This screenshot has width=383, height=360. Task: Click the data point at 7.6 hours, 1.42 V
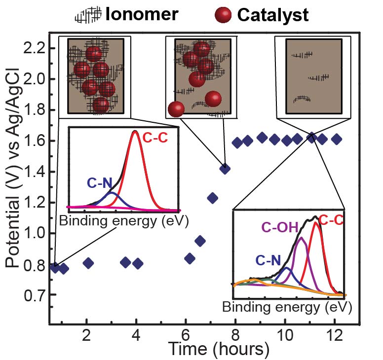tap(225, 169)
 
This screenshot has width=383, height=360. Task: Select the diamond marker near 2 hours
tap(88, 263)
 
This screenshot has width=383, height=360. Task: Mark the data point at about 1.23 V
tap(213, 198)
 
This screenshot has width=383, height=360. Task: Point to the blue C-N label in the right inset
tap(269, 259)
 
